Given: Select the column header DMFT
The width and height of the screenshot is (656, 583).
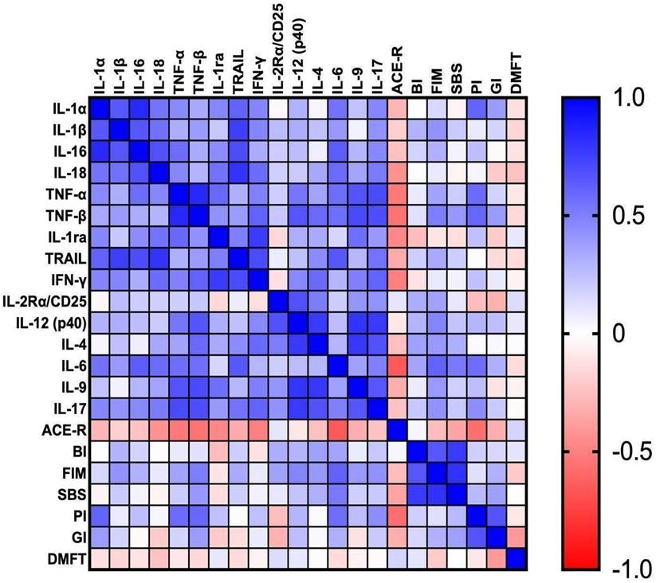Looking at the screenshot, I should click(x=516, y=75).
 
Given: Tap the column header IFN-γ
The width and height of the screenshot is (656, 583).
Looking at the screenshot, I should click(x=257, y=72).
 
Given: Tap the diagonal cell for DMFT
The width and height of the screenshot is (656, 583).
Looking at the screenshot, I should click(x=516, y=560).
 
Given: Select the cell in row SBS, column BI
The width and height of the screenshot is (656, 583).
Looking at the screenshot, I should click(x=416, y=495).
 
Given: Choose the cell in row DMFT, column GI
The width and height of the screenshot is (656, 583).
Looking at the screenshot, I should click(x=496, y=560).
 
